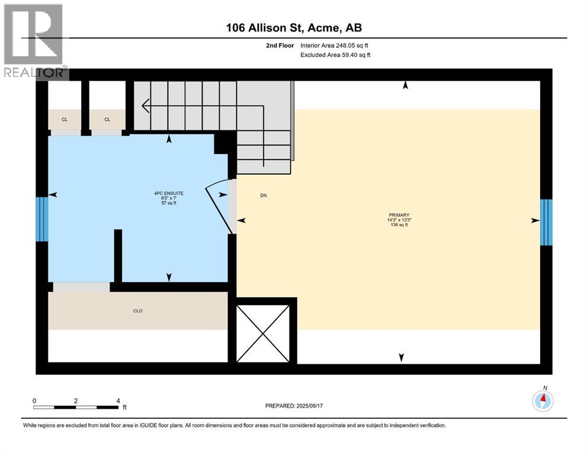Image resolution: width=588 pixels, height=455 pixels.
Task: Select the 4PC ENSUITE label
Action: pos(169,193)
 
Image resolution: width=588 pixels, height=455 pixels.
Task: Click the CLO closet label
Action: pos(138,310)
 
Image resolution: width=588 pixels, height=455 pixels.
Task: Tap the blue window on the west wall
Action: pos(41,219)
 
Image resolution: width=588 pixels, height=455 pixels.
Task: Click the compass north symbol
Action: pos(542,400)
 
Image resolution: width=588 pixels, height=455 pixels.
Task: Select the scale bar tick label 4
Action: pos(118,400)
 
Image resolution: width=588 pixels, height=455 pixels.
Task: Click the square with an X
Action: pos(263,333)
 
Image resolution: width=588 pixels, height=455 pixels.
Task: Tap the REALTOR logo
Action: pos(34,41)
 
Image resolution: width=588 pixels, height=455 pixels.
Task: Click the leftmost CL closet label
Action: pos(65,120)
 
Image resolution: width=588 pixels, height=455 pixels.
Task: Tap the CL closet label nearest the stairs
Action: pos(107,120)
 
